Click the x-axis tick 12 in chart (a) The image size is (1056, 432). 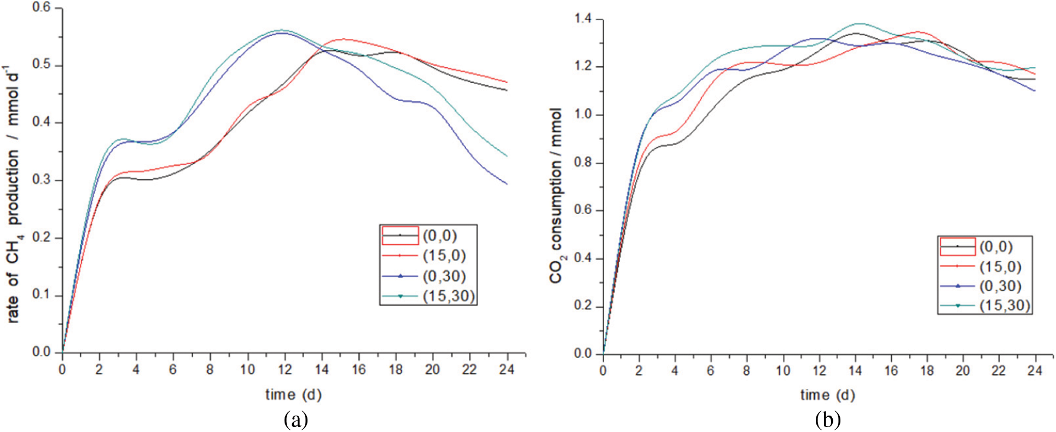click(285, 370)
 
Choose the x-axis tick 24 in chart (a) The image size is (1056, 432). click(507, 370)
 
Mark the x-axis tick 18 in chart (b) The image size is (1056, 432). click(927, 371)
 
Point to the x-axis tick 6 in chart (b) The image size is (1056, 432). click(711, 371)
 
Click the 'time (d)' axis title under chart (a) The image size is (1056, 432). click(293, 394)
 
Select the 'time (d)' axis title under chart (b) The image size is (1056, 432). click(827, 394)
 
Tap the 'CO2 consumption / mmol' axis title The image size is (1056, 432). click(556, 195)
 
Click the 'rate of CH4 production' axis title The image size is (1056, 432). click(14, 194)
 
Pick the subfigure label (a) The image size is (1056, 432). click(296, 419)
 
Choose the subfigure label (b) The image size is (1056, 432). click(827, 419)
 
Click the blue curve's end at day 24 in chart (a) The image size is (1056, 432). click(507, 184)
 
